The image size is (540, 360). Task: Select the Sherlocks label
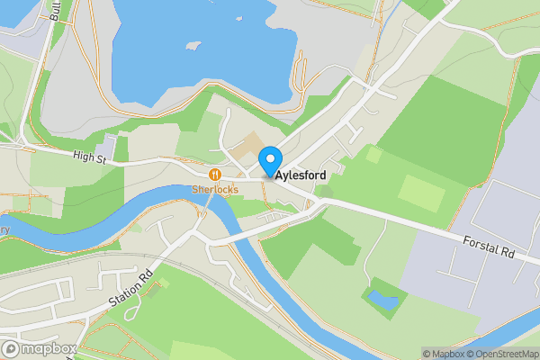214,189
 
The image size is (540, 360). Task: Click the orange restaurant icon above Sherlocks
214,175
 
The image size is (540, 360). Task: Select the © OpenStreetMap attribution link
498,354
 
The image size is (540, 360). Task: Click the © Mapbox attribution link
440,354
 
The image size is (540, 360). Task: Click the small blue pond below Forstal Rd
382,300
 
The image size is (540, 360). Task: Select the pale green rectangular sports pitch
420,192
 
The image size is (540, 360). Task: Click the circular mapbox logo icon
11,349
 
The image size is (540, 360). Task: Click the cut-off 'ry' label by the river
4,230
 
